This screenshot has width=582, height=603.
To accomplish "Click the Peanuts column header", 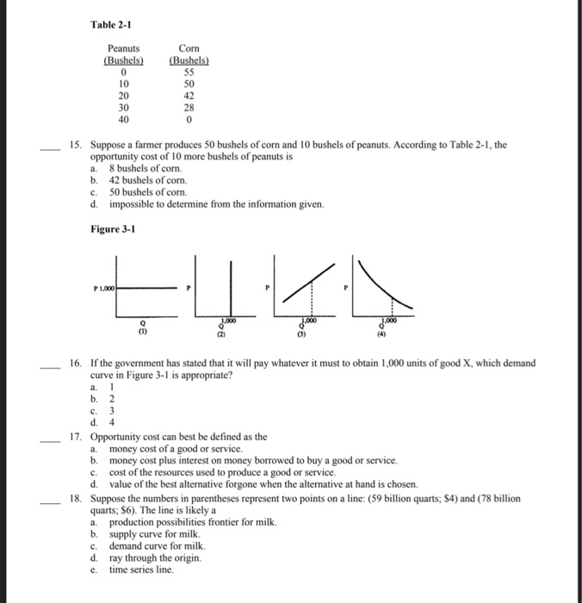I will (x=123, y=51).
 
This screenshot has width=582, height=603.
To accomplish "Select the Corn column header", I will (x=189, y=51).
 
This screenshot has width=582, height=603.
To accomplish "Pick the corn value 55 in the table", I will (x=189, y=72).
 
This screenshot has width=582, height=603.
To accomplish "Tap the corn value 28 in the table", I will (x=189, y=109).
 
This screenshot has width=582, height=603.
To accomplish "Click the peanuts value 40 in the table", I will (x=123, y=121).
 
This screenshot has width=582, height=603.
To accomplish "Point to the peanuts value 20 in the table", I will (x=123, y=96).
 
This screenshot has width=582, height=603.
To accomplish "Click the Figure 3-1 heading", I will (x=113, y=228).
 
